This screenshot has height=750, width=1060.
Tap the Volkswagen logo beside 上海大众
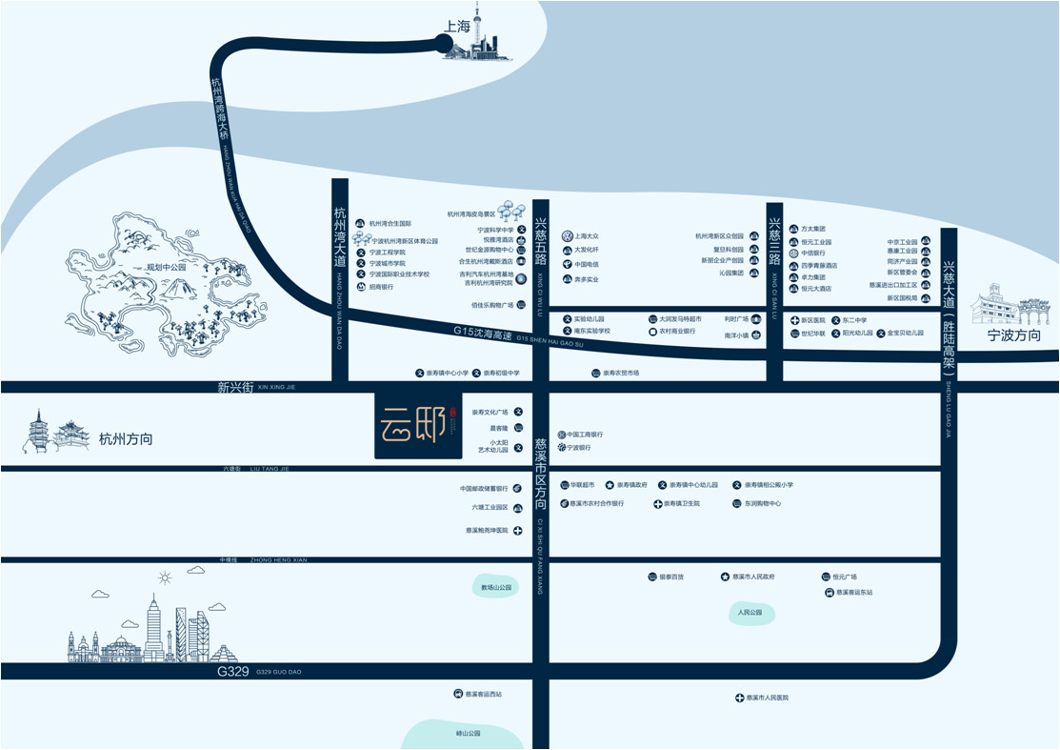(x=567, y=235)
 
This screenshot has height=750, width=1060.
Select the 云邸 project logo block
(x=418, y=426)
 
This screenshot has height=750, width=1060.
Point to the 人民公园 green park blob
(x=751, y=613)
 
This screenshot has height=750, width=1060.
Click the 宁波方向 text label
(x=1013, y=335)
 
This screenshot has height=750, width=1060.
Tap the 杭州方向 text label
(x=126, y=439)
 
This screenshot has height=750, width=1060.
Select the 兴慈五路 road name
(x=539, y=241)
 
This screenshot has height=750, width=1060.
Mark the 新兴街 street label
(x=235, y=387)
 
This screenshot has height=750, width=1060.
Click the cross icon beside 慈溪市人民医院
(x=739, y=699)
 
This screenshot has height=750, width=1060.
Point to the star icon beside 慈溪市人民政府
(x=725, y=577)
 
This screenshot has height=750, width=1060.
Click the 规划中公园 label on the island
(x=160, y=268)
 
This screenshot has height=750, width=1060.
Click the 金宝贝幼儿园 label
(x=906, y=333)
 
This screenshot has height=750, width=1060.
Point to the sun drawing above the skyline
(x=165, y=577)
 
